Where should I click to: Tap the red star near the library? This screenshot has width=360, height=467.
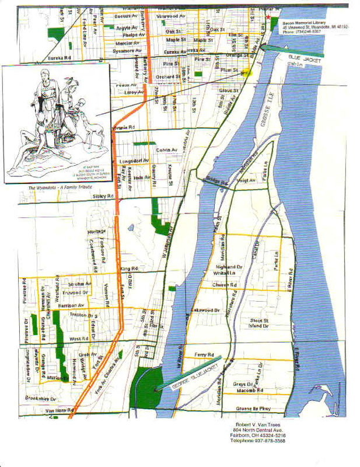tap(268, 18)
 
